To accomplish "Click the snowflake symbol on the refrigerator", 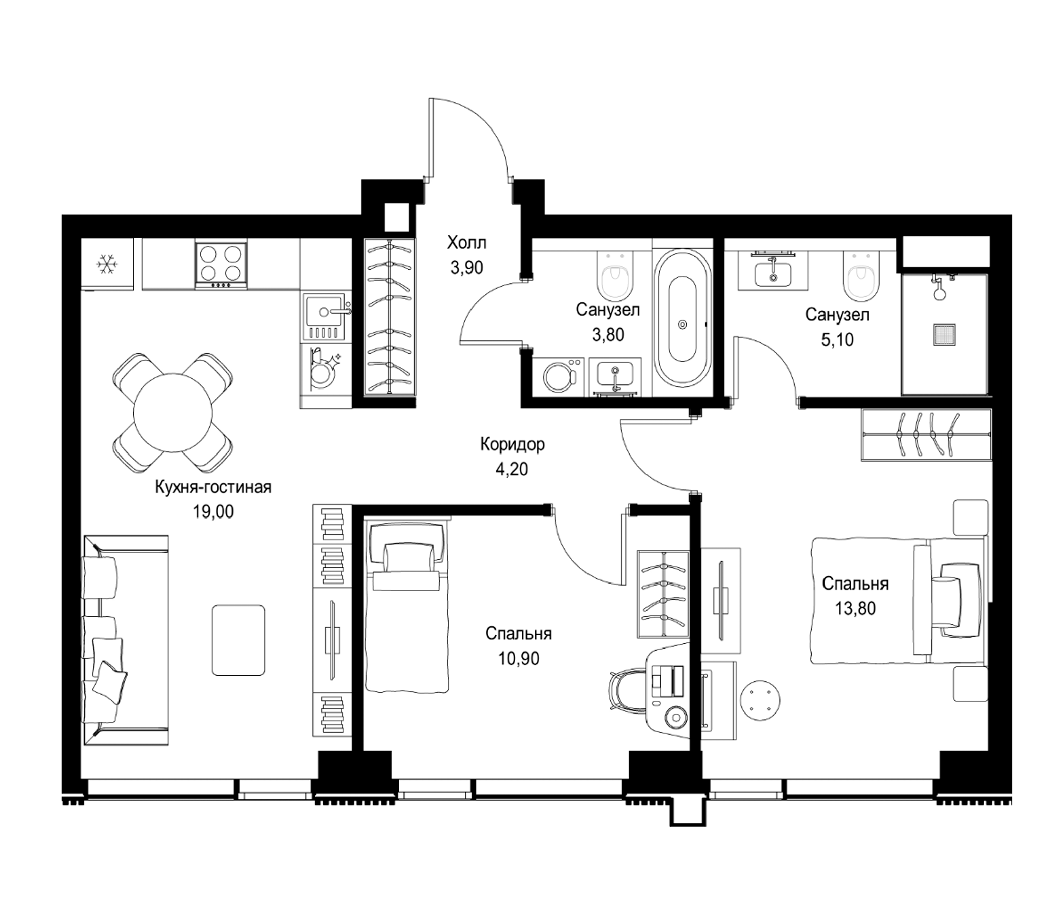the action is click(108, 264).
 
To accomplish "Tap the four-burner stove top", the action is click(220, 264).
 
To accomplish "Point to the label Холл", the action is click(466, 242).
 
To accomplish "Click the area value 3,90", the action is click(466, 267).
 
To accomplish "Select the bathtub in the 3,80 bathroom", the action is click(683, 324).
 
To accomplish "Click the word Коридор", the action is click(512, 445).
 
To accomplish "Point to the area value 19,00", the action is click(213, 511).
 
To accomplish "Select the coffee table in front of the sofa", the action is click(239, 640).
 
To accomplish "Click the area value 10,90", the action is click(519, 659).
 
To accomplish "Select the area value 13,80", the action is click(856, 608).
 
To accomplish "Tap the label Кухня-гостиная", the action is click(213, 487).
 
